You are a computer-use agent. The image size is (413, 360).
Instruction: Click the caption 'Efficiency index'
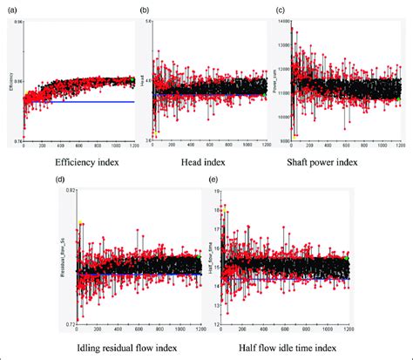coord(77,162)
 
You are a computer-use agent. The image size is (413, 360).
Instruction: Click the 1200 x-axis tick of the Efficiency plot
coord(131,146)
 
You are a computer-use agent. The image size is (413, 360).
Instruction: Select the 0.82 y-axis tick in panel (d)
coord(68,190)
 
